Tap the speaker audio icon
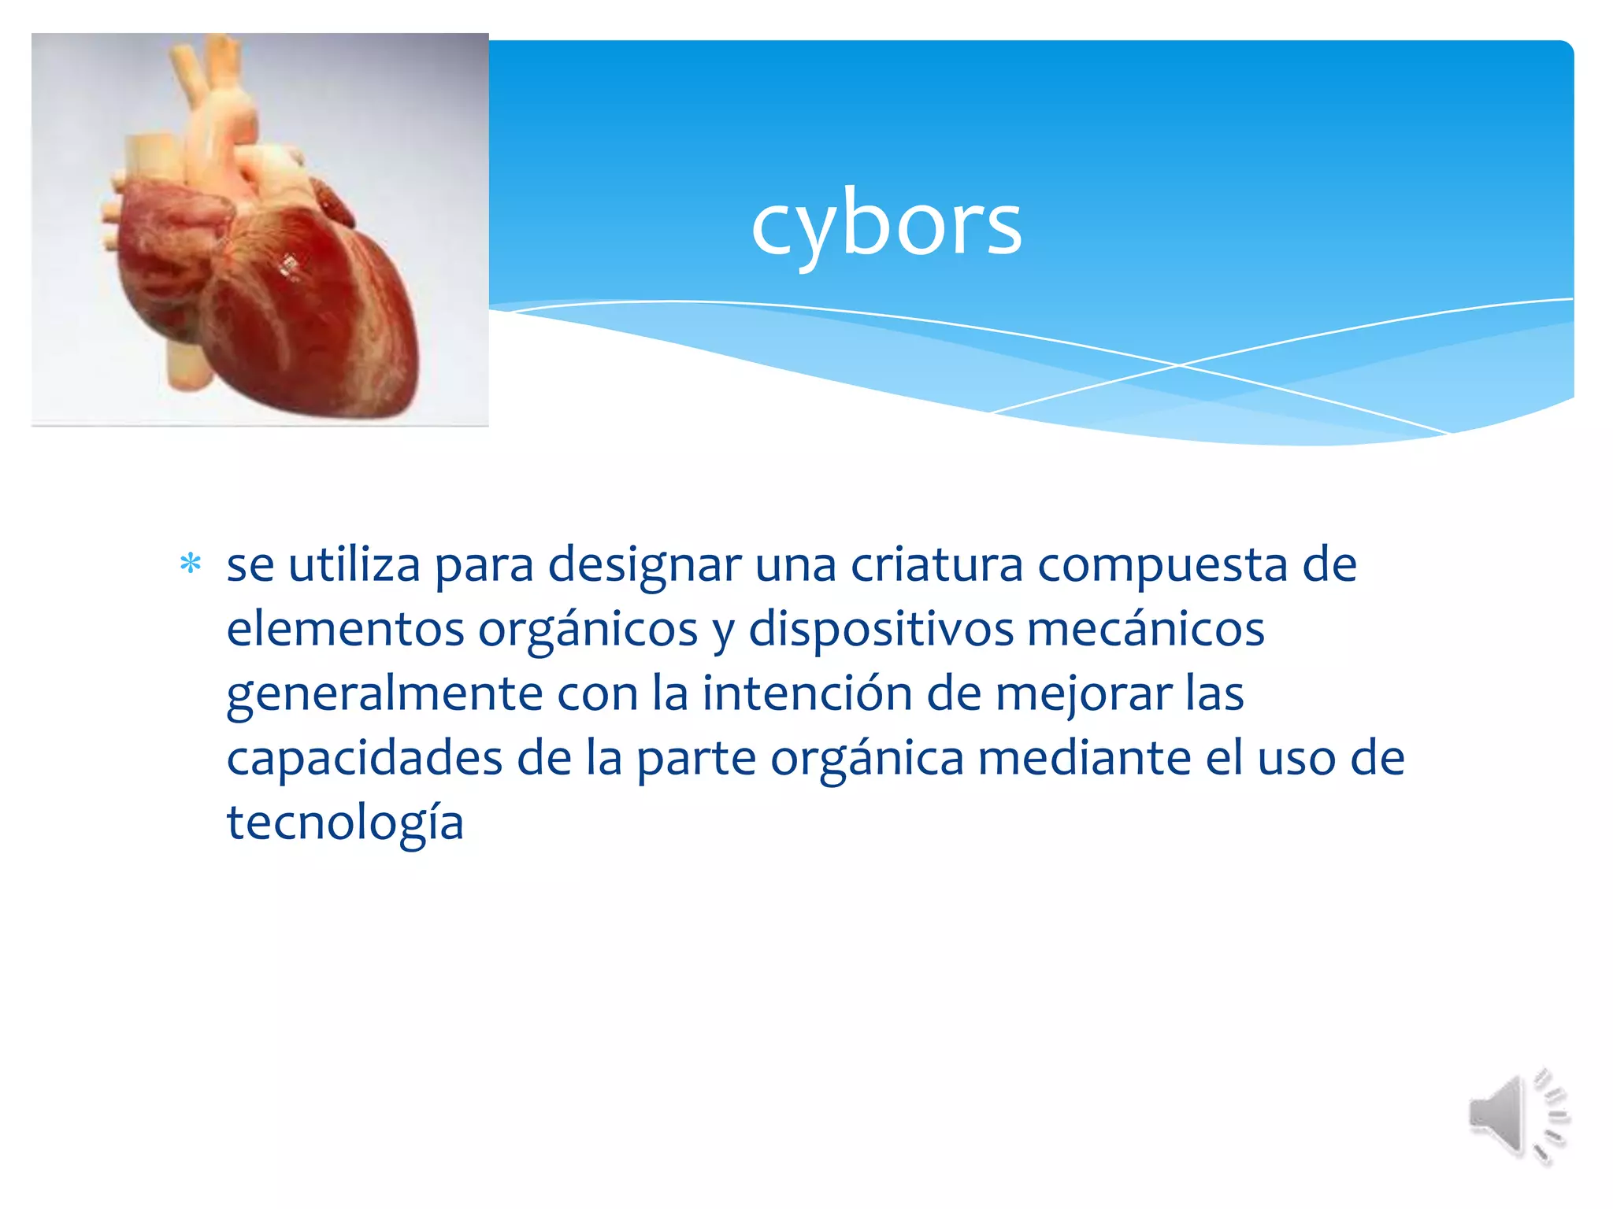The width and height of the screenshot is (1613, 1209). [1517, 1115]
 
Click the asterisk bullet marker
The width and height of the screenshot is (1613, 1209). [191, 564]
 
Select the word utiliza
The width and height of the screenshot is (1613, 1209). [354, 565]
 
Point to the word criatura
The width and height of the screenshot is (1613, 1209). [936, 565]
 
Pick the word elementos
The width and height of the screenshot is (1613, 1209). [345, 630]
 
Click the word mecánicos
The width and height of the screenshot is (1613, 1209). [1145, 630]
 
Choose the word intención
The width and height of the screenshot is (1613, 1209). [806, 694]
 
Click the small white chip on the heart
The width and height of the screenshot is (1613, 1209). [289, 266]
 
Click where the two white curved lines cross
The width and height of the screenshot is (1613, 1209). [1179, 365]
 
